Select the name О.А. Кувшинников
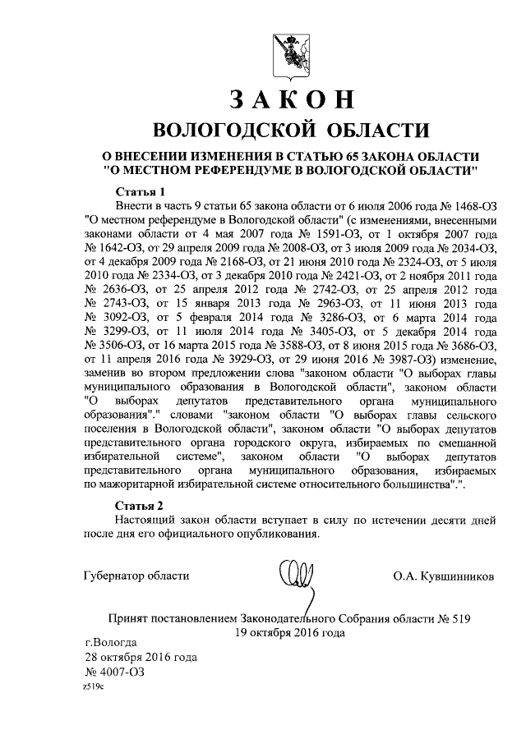click(444, 576)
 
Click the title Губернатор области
click(136, 576)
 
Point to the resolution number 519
click(462, 617)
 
